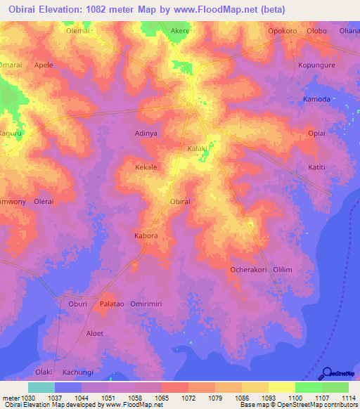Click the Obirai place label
pos(180,202)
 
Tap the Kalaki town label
pos(197,148)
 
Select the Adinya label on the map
pos(146,132)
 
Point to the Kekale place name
pos(146,167)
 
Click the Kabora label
pos(146,235)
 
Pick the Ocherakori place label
pos(249,269)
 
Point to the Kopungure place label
pos(316,64)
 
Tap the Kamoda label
pos(316,99)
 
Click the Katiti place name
pos(318,167)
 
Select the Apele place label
pos(44,65)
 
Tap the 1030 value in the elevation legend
pos(28,397)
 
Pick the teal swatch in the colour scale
pos(41,387)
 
